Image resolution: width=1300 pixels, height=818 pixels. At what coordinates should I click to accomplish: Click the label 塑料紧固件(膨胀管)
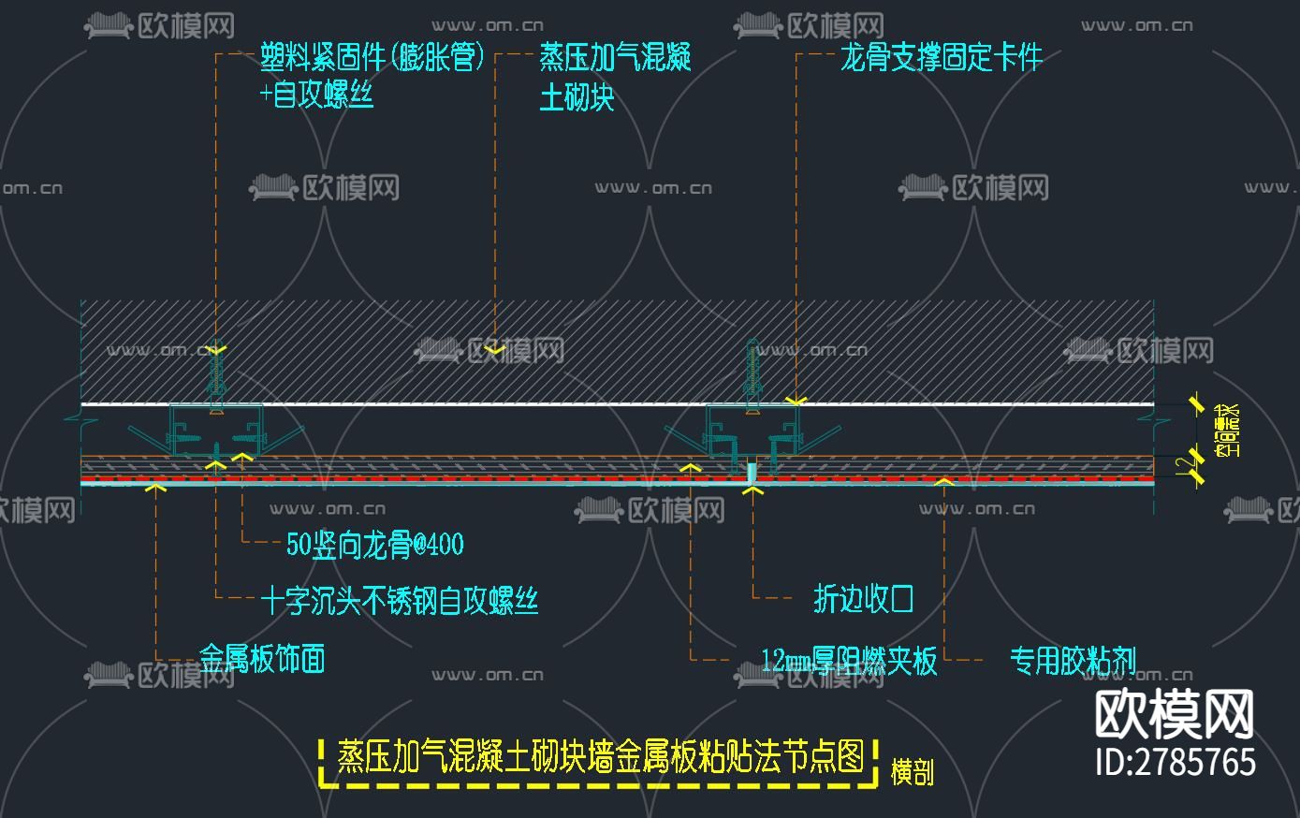(372, 59)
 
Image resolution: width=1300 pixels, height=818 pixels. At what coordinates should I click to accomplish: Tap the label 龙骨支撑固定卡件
(941, 59)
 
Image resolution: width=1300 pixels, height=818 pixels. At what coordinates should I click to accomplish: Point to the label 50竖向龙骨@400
(374, 545)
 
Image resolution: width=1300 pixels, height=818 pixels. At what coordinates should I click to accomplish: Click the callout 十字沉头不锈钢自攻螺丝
(400, 600)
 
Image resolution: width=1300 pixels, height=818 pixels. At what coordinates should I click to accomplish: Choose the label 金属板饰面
(262, 658)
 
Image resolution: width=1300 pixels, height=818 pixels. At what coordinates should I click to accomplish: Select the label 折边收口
(863, 599)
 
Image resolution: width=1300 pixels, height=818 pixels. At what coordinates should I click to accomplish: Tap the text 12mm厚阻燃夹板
(849, 661)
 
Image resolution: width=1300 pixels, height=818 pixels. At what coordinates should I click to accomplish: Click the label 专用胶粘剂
(1073, 661)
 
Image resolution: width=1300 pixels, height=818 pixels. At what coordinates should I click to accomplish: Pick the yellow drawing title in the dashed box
(600, 756)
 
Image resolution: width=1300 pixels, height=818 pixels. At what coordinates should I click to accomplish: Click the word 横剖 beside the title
(911, 772)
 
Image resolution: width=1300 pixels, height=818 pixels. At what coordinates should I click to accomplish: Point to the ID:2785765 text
(1175, 761)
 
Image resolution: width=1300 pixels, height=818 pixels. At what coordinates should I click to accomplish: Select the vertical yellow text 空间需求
(1226, 429)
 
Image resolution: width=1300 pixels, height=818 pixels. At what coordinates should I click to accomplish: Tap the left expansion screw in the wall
(217, 374)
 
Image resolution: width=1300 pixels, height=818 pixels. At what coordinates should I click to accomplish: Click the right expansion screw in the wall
(752, 370)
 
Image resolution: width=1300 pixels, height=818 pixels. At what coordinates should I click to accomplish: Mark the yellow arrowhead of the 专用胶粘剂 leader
(944, 481)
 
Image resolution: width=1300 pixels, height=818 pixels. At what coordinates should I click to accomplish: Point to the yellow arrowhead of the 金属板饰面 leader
(156, 486)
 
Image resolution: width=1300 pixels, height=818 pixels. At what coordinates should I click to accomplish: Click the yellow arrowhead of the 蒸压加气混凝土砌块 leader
(495, 350)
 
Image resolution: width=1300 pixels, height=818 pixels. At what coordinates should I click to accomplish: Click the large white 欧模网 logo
(1175, 715)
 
